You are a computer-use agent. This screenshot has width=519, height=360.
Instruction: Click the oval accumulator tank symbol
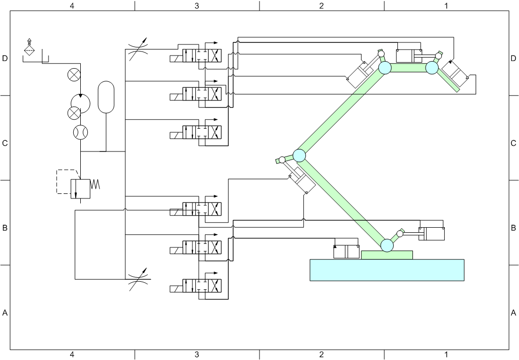coord(106,97)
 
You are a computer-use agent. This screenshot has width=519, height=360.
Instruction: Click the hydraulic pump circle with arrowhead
coord(80,103)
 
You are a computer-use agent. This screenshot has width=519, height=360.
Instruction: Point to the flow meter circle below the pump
coord(80,132)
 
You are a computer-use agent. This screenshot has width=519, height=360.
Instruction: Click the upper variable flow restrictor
coord(137,49)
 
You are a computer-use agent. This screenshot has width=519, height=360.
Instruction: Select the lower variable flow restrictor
coord(139,279)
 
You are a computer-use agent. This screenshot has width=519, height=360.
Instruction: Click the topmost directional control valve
coord(195,56)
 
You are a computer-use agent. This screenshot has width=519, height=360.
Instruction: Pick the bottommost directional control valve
coord(195,286)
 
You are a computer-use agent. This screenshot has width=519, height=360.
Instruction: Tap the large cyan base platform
coord(387,270)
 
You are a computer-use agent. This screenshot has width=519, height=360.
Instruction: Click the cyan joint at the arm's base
coord(387,245)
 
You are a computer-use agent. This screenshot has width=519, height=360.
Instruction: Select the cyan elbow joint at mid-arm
coord(299,156)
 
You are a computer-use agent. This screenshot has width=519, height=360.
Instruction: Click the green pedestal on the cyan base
coord(387,255)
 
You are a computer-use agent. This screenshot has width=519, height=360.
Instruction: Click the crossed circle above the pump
coord(74,75)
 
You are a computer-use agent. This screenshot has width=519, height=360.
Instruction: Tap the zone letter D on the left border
coord(5,59)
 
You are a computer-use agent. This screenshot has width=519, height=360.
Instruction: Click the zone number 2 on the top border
coord(322,6)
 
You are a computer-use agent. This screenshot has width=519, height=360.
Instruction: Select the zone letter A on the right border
coord(513,313)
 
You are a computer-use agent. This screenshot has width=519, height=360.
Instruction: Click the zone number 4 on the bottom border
coord(72,355)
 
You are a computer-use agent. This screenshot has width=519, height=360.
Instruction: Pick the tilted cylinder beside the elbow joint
coord(302,179)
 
